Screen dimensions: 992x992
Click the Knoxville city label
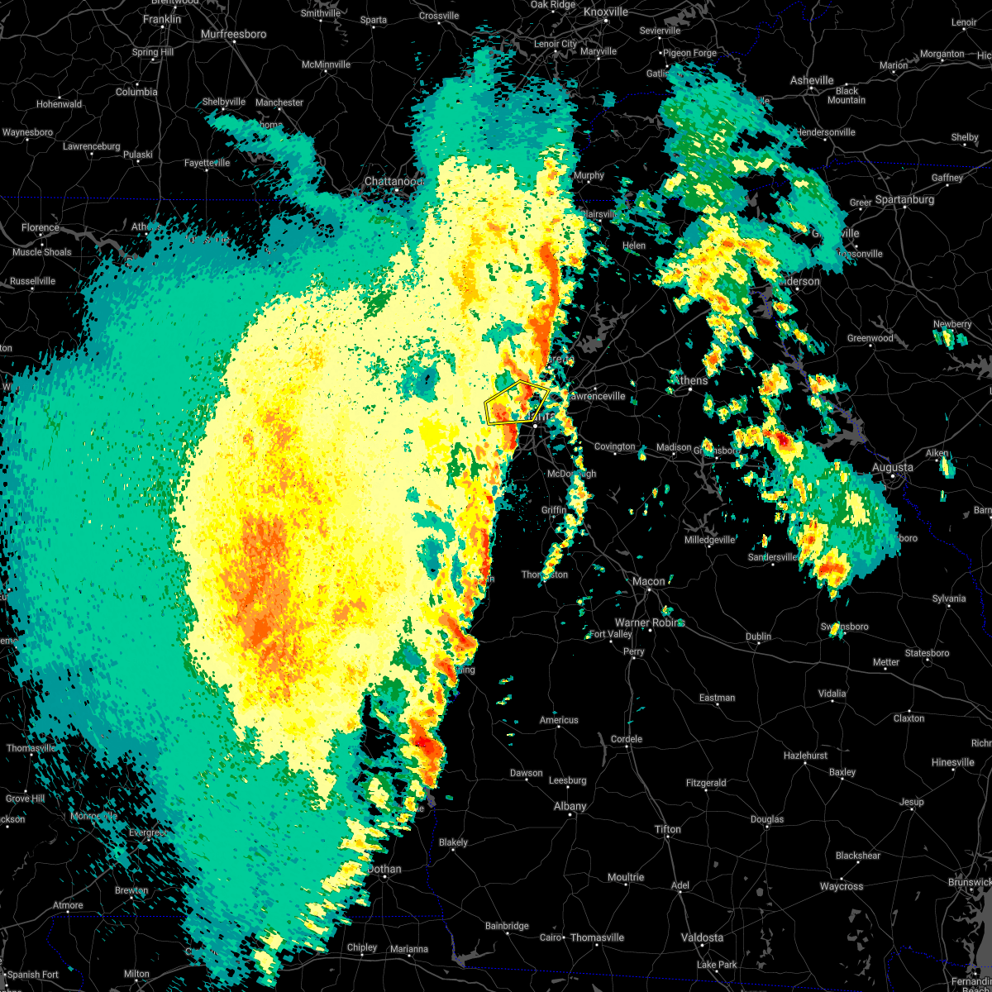(x=605, y=12)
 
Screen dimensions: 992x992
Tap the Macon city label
(x=649, y=581)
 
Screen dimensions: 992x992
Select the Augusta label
(x=893, y=468)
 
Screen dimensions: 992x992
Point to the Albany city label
(x=570, y=806)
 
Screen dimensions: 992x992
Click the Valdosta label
(x=701, y=937)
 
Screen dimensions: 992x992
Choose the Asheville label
(x=812, y=80)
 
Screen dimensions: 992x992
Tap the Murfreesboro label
(x=234, y=35)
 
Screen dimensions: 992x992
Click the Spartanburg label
(x=904, y=200)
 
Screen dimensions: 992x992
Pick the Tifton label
(x=668, y=829)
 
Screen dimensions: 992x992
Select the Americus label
(x=559, y=720)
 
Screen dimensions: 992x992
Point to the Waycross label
(x=842, y=886)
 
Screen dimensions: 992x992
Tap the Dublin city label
(x=758, y=637)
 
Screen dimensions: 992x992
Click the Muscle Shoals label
(x=41, y=252)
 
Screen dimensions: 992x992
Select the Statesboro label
(x=928, y=653)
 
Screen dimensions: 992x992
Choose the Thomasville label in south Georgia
(x=597, y=937)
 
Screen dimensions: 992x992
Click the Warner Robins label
(x=649, y=622)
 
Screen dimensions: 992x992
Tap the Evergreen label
(x=149, y=832)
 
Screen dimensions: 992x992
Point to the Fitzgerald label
(x=706, y=783)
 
